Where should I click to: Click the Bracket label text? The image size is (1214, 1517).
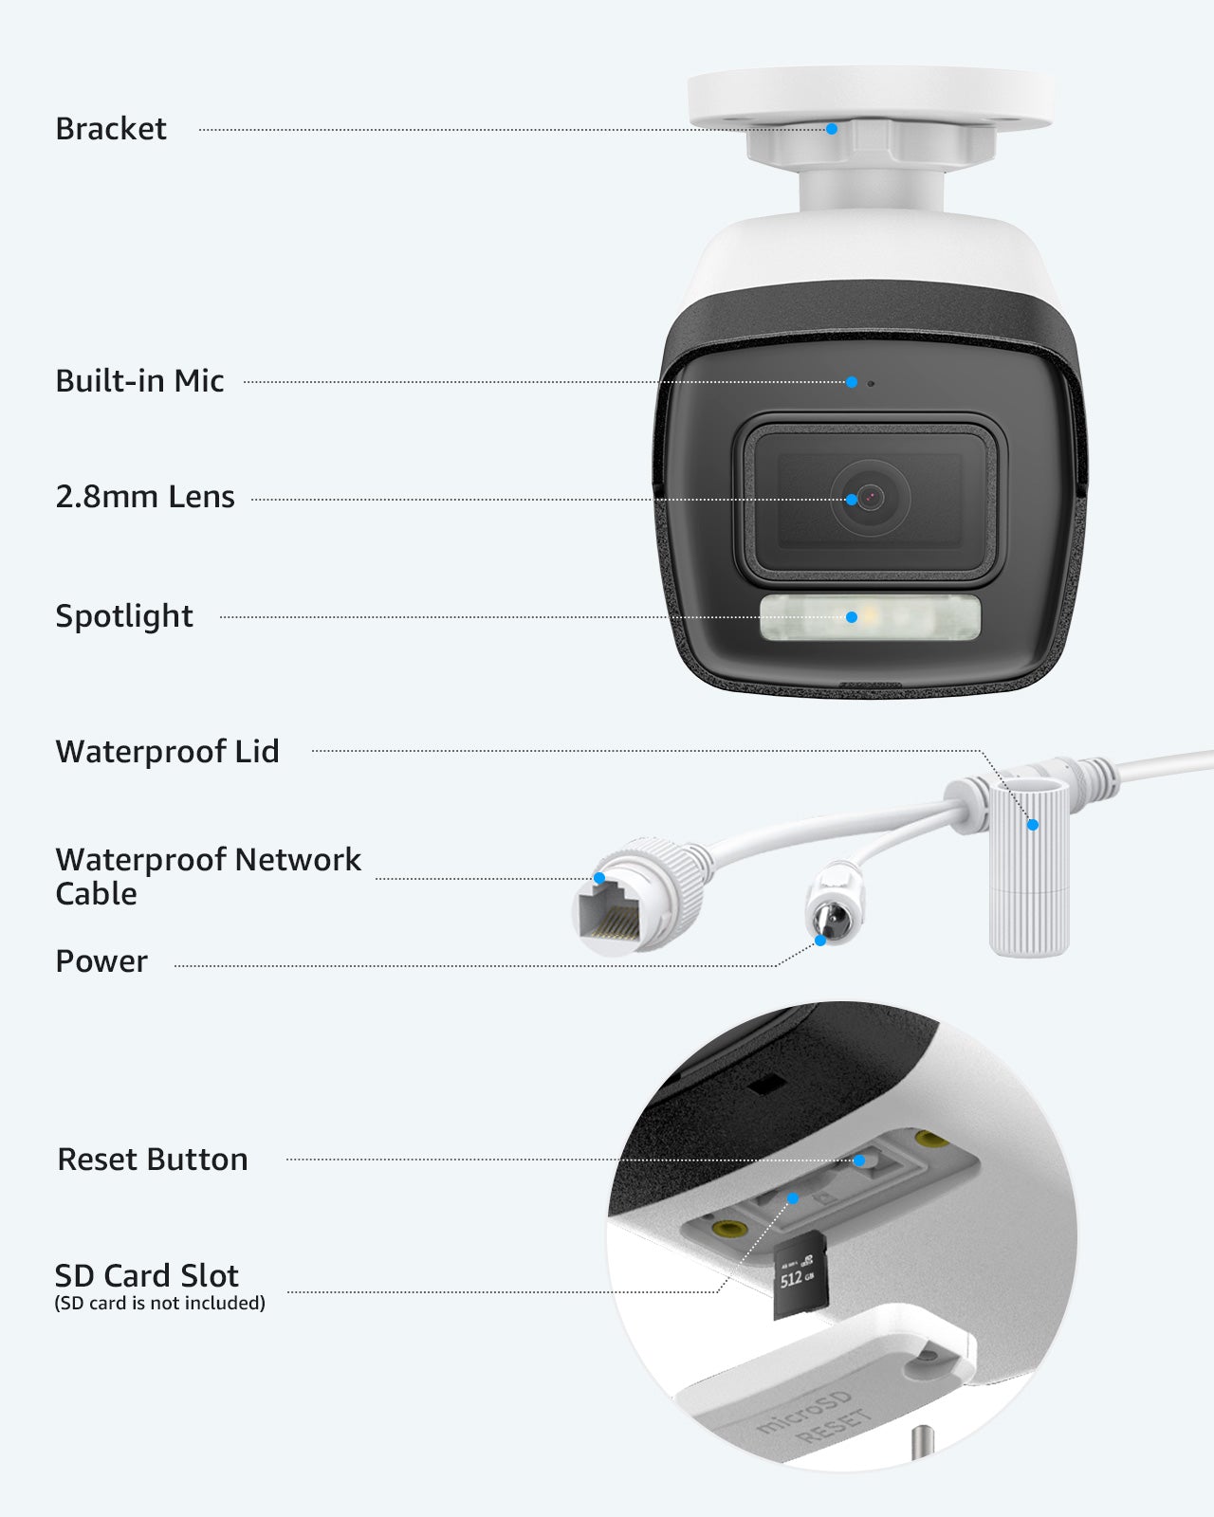click(x=111, y=129)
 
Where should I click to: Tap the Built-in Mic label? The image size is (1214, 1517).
click(x=139, y=381)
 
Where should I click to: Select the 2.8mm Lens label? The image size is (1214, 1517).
click(x=145, y=497)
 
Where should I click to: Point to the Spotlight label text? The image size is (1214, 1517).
click(x=124, y=617)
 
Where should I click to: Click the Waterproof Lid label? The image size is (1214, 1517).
click(x=168, y=752)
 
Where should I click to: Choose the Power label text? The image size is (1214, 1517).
click(x=101, y=961)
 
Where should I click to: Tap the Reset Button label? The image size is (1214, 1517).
click(x=153, y=1160)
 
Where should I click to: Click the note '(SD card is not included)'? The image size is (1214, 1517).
click(x=160, y=1304)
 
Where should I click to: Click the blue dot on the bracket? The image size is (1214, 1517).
click(x=832, y=129)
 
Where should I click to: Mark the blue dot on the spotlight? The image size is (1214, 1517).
click(x=852, y=617)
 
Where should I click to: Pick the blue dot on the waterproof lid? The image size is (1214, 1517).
click(x=1033, y=825)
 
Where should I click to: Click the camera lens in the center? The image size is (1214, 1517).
click(x=871, y=499)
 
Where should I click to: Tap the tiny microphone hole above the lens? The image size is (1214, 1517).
click(x=872, y=383)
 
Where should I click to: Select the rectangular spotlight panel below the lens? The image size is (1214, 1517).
click(x=870, y=617)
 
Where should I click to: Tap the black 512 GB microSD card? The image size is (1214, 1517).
click(x=800, y=1274)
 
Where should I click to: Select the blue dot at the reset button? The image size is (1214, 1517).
click(x=859, y=1161)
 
